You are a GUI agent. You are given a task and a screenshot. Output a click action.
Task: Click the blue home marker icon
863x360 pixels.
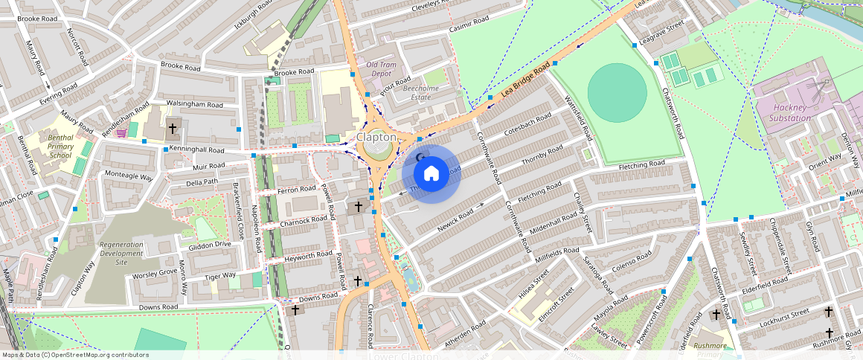click(431, 174)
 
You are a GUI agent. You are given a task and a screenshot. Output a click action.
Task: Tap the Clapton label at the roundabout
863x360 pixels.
click(376, 138)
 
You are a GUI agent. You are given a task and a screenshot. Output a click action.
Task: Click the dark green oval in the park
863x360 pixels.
click(617, 92)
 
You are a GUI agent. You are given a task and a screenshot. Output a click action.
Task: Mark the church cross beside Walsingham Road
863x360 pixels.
click(173, 129)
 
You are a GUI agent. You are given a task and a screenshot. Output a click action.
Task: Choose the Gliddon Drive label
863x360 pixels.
click(211, 245)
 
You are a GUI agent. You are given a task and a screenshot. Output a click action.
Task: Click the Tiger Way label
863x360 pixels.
click(219, 276)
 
